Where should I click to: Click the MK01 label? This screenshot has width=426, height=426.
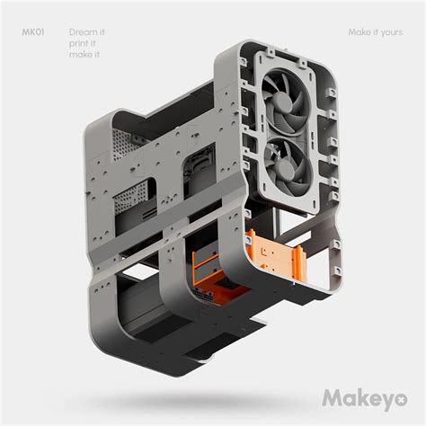pos(33,32)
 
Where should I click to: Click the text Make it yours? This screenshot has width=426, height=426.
pos(375,32)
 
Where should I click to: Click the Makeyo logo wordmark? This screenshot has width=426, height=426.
pos(359,396)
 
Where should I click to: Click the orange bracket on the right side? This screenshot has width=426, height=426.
pos(274,256)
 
